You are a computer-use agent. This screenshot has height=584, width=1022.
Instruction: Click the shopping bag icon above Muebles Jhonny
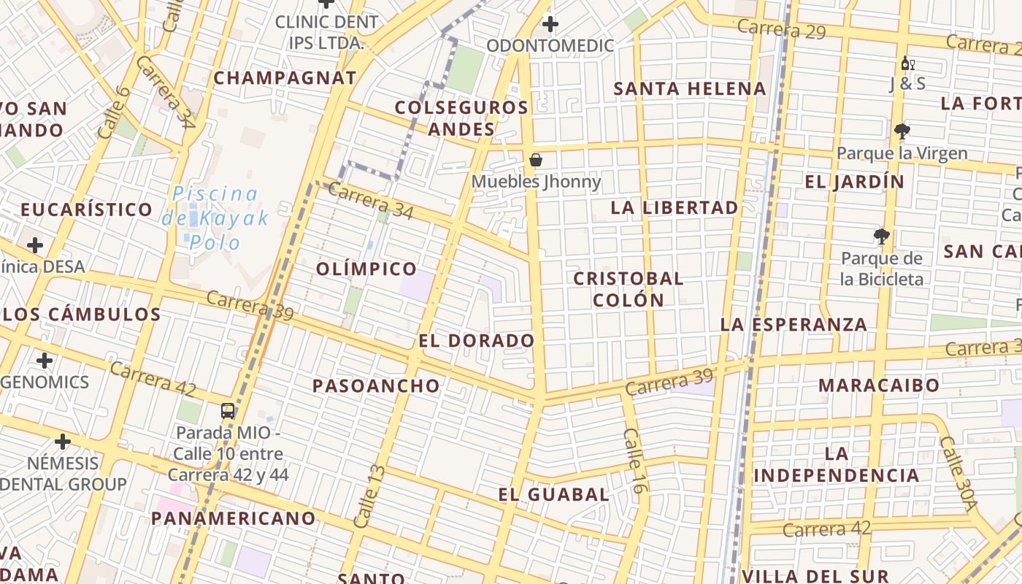click(536, 160)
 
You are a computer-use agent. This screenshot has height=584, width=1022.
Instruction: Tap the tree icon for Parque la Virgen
click(902, 131)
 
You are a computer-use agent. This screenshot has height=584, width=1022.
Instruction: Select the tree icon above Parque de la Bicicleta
click(882, 237)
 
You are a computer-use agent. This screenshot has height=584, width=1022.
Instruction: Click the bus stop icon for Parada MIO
click(228, 410)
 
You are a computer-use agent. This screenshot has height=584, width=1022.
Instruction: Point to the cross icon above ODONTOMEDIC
click(550, 25)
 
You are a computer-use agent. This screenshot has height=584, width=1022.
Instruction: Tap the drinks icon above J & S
click(907, 64)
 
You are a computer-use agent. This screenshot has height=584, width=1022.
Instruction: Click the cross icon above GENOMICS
click(45, 361)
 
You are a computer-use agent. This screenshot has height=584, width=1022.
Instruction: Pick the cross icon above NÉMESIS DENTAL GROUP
click(63, 441)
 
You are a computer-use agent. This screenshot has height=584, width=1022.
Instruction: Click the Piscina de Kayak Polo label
click(215, 217)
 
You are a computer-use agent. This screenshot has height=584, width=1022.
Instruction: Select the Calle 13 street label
click(369, 496)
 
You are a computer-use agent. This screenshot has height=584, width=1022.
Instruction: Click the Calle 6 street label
click(112, 113)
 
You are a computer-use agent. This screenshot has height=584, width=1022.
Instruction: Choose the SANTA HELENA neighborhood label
click(690, 89)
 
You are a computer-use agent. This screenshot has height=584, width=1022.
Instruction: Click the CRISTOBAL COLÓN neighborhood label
click(629, 289)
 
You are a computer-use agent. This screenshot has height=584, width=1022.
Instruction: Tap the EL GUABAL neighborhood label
click(554, 494)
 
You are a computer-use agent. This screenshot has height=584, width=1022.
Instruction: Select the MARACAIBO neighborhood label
click(879, 385)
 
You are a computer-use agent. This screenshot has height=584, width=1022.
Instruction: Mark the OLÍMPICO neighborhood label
click(366, 269)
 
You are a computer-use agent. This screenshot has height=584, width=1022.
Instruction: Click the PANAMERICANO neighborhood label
click(234, 518)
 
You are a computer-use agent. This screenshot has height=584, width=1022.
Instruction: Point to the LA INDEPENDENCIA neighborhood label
click(837, 464)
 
